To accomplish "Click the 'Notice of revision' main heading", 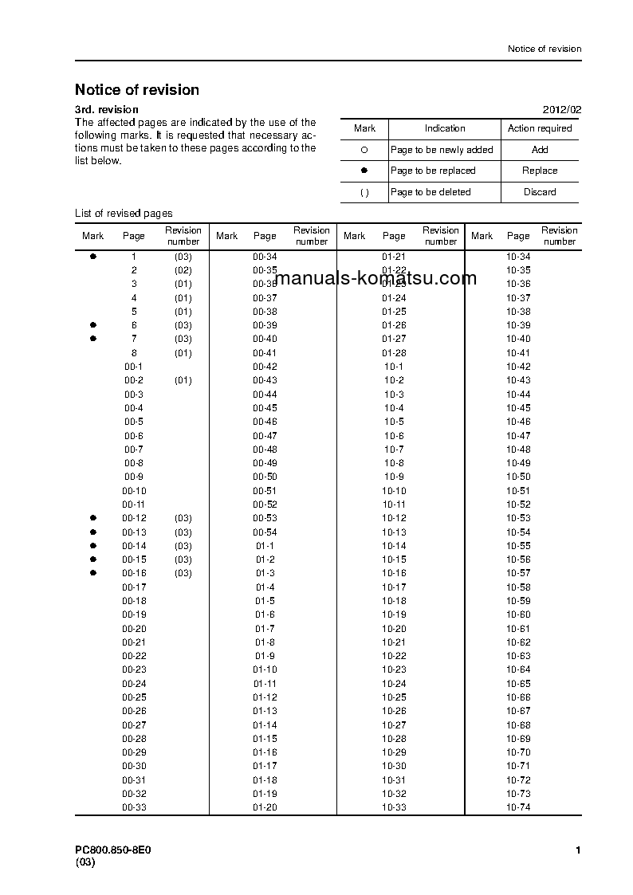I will [x=137, y=90].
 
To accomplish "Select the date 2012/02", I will [x=562, y=109].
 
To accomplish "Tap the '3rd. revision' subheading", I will [x=106, y=109].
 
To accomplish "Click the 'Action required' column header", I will [x=540, y=128].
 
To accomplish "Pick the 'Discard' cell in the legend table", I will [x=540, y=192].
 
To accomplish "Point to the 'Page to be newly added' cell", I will [x=442, y=150].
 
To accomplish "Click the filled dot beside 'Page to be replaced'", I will [x=364, y=171].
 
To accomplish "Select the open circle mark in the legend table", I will [x=364, y=150].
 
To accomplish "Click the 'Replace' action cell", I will [x=540, y=171].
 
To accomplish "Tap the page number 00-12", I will [x=134, y=518].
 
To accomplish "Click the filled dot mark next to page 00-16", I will [x=93, y=573].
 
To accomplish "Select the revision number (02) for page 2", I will [x=183, y=270].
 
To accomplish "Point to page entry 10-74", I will [x=518, y=807].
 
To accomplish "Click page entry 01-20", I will [x=265, y=807].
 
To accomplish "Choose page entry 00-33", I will [x=134, y=807].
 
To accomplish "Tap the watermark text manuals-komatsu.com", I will [x=375, y=278].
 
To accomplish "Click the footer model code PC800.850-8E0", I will [x=112, y=850].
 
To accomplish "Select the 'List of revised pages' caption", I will [x=124, y=213].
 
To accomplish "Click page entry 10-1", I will [x=394, y=367].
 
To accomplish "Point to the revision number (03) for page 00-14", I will [x=183, y=546].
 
